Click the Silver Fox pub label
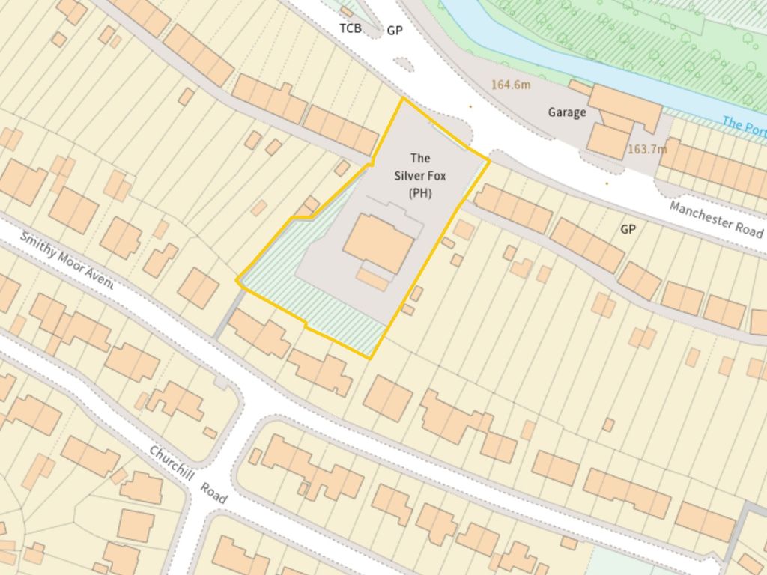[420, 175]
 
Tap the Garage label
[566, 112]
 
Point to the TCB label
[351, 28]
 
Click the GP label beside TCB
[395, 31]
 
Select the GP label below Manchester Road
[628, 229]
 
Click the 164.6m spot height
[511, 85]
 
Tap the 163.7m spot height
[646, 149]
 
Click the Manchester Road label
[715, 218]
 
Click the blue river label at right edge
[745, 125]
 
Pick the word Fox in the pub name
[435, 176]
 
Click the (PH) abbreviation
[420, 193]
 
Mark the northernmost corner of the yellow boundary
[404, 98]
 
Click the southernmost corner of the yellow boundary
[370, 358]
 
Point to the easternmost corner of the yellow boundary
[489, 159]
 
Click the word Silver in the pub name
[408, 176]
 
